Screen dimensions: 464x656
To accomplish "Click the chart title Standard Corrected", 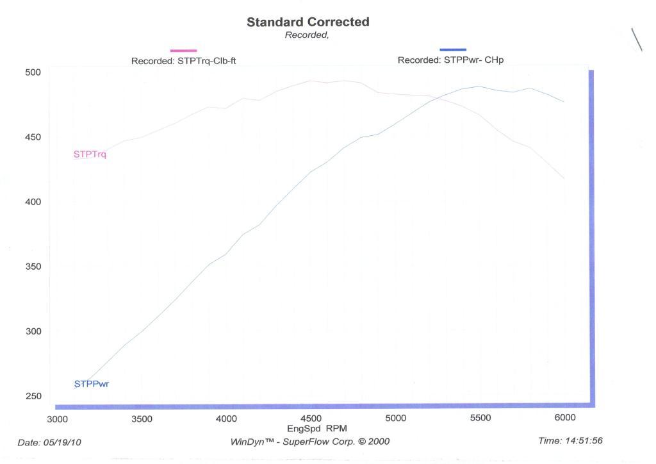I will (x=307, y=22).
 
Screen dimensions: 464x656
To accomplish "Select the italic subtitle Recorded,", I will (x=307, y=35).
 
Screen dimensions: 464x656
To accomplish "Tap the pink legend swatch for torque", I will (x=183, y=50).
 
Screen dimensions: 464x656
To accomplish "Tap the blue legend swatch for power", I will (x=453, y=49).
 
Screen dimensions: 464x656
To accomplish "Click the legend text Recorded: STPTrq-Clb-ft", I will (x=184, y=61).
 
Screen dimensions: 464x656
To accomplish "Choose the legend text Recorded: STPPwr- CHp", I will (x=451, y=60).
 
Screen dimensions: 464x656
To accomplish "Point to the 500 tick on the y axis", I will (x=33, y=72).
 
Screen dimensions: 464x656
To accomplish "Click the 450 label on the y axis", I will (x=33, y=137).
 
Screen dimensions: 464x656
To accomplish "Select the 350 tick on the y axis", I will (x=33, y=267).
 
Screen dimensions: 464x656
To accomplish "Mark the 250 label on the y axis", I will (x=33, y=396).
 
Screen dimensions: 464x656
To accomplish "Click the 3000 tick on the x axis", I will (x=57, y=418).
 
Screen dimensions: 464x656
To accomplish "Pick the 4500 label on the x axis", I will (x=311, y=418).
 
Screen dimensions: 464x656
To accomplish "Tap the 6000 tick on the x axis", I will (x=564, y=418).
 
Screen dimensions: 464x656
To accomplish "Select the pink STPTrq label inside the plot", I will (x=90, y=154).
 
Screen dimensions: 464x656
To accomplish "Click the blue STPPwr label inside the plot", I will (x=92, y=385).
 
